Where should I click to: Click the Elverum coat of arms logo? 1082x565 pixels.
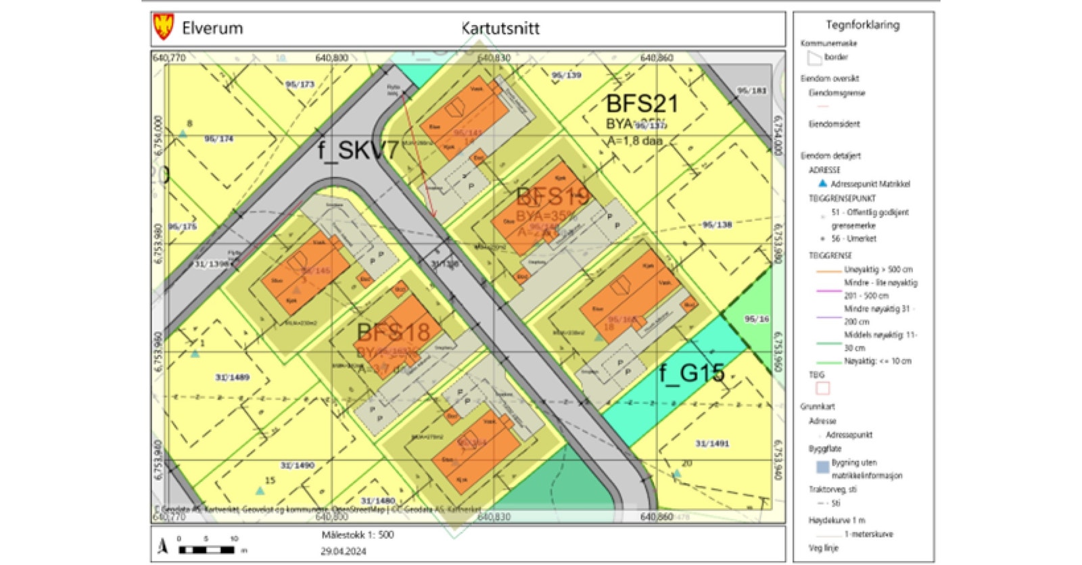164,27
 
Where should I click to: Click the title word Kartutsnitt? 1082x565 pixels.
500,28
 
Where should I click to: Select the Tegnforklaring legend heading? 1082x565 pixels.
862,25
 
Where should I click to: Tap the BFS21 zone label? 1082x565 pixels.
641,104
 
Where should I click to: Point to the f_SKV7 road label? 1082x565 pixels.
358,150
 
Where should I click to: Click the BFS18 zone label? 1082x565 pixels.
393,332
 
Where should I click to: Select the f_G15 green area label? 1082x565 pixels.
692,372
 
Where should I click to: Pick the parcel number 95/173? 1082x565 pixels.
300,84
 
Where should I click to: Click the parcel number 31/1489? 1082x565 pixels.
232,377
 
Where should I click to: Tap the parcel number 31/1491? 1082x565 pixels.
712,443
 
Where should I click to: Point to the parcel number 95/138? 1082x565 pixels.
717,224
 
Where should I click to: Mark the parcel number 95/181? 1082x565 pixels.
751,91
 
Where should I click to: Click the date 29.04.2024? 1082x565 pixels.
343,551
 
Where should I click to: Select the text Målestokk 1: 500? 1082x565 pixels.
357,535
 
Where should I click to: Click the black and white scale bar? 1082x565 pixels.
206,549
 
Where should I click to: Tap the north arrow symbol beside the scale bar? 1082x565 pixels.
162,545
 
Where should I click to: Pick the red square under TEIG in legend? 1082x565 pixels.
822,388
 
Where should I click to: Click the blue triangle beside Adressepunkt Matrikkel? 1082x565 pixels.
822,183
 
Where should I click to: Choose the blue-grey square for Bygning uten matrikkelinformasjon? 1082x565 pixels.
822,467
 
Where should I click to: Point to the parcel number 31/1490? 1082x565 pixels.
298,465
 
